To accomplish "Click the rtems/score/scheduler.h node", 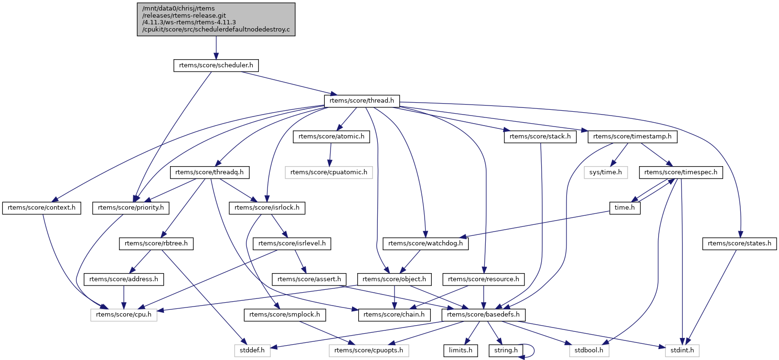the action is pos(216,65).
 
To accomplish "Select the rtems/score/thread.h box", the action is pos(362,101).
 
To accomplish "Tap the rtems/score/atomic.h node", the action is pos(331,137).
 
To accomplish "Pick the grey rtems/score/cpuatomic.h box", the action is pos(329,172).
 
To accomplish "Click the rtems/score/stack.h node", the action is pos(540,137).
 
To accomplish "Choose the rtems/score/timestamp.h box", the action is pos(632,137).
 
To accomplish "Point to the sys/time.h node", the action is pos(606,172).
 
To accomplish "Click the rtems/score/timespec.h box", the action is pos(681,172).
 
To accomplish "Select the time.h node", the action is pos(625,208).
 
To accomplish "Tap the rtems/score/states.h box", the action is pos(739,244).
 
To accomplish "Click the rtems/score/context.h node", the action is pos(42,208).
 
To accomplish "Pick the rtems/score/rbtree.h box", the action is pos(156,244).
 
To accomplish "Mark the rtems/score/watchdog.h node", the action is pos(425,244).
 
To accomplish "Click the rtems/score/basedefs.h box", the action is pos(483,315).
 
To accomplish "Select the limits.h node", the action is pos(460,350).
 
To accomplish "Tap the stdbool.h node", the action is pos(589,350).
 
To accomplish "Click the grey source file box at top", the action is pos(216,20).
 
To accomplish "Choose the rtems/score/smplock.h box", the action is pos(285,315).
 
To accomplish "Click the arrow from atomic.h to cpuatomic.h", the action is pos(330,155).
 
